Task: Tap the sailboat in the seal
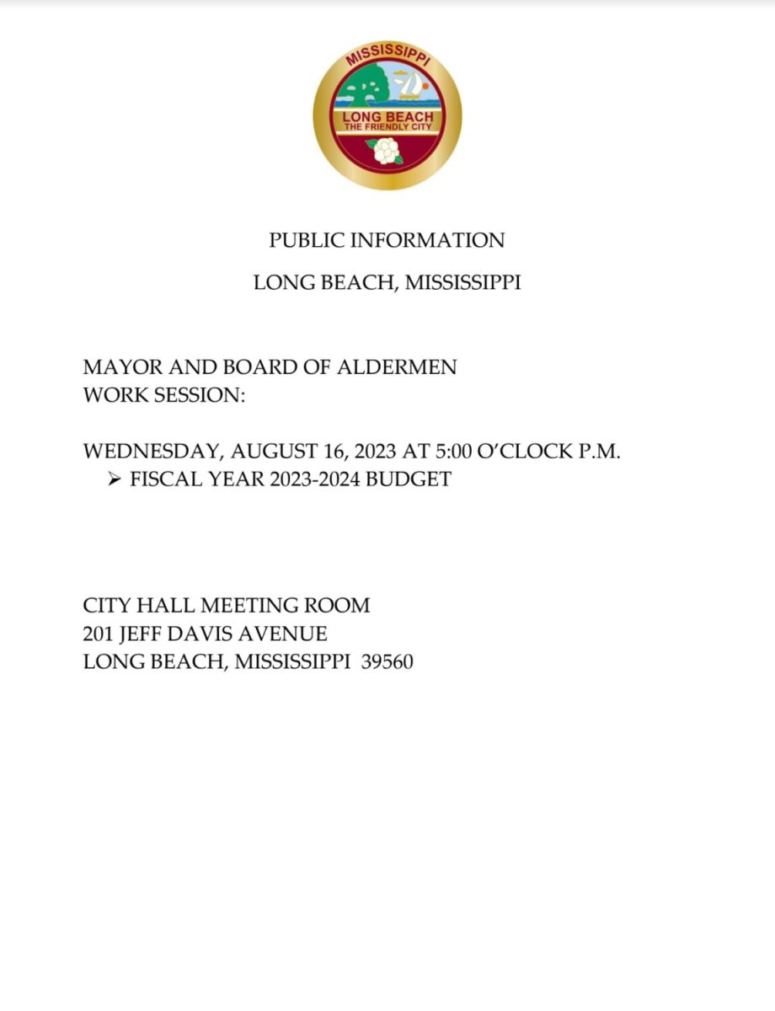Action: tap(410, 85)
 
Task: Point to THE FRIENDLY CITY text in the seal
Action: tap(387, 126)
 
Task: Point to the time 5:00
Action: tap(452, 452)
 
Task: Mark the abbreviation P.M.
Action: tap(599, 452)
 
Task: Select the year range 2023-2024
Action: tap(309, 479)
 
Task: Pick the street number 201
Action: tap(99, 634)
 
